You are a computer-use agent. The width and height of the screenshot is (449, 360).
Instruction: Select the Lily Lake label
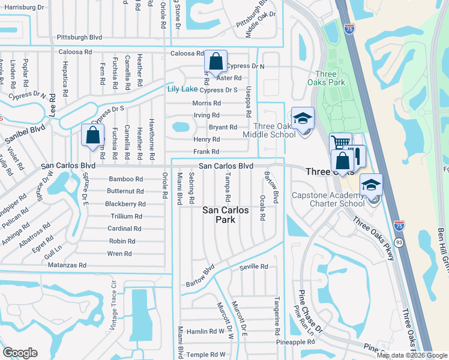[182, 89]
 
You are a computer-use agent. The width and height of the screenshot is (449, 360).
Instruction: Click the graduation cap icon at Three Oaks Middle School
[303, 118]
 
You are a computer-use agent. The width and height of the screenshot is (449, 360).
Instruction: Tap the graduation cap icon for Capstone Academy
[371, 185]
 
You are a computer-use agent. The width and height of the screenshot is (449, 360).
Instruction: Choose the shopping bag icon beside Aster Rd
[215, 61]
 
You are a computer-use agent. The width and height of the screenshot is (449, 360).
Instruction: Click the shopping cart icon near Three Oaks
[340, 143]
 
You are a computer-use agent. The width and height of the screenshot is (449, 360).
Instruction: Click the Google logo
[20, 352]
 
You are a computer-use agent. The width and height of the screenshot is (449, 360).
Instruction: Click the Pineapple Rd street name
[295, 342]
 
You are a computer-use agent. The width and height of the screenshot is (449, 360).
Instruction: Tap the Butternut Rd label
[125, 191]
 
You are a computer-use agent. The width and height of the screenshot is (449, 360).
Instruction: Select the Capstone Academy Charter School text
[328, 199]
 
